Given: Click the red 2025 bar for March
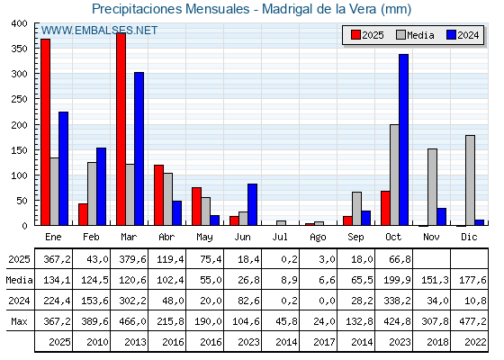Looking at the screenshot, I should coord(121,130).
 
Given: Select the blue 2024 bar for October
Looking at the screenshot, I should coord(403,140).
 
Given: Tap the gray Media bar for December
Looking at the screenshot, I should coord(470,181).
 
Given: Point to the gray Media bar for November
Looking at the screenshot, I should coord(432,187).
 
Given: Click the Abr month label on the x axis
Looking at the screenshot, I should coord(166,236).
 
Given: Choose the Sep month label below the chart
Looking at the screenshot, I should coord(356,236).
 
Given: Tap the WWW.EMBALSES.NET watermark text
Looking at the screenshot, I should coord(100,31).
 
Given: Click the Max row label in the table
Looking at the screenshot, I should coord(19,321).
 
